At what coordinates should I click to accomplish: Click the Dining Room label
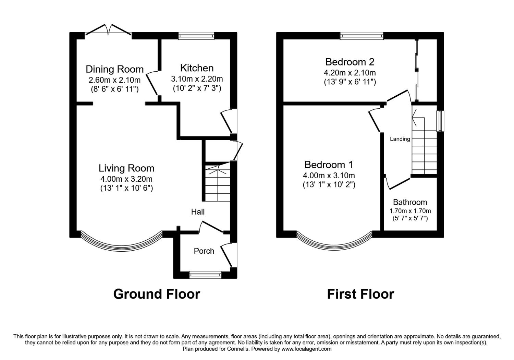114,69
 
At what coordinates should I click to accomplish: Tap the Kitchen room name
197,68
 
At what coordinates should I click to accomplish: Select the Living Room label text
126,168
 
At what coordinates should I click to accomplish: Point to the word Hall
198,212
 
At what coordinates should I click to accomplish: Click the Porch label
204,251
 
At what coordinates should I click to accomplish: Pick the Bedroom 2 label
350,62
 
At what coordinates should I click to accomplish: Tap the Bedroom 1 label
329,165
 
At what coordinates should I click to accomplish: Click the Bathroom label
410,202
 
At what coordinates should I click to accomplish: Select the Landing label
400,139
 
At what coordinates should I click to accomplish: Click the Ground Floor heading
157,294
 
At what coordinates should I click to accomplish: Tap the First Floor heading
360,294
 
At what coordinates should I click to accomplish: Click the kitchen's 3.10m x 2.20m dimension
197,79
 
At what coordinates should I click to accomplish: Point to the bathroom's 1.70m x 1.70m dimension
410,211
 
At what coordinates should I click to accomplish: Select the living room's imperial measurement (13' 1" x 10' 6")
126,188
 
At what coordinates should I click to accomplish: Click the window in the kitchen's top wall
196,36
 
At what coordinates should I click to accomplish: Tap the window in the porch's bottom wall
205,275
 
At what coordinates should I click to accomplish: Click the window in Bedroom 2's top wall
362,36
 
